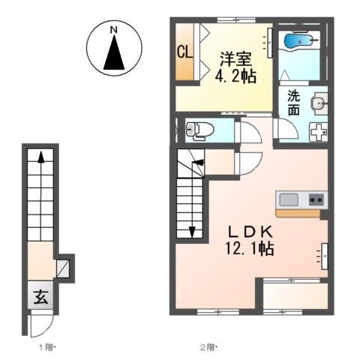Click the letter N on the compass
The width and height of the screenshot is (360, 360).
coord(114,30)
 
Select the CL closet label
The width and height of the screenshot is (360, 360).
coord(185,52)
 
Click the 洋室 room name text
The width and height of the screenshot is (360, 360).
coord(235,59)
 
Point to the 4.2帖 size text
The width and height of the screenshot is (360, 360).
coord(235,76)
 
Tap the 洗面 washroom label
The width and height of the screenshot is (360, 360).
coord(293,103)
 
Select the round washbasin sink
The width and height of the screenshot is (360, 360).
coord(319,103)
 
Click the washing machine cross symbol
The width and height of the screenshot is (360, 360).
coord(319,132)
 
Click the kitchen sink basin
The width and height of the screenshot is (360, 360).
coord(289,199)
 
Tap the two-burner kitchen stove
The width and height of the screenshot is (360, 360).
coord(316,199)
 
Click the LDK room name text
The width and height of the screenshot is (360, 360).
coord(250,232)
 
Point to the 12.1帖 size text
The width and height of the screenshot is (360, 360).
coord(250,248)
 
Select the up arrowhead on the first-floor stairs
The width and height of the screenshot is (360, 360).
coord(41,157)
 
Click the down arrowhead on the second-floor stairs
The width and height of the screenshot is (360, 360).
coord(192,232)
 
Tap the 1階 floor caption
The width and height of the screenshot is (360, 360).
coord(47,347)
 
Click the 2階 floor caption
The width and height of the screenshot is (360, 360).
coord(208,347)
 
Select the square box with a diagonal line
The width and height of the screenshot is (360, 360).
coord(63,268)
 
